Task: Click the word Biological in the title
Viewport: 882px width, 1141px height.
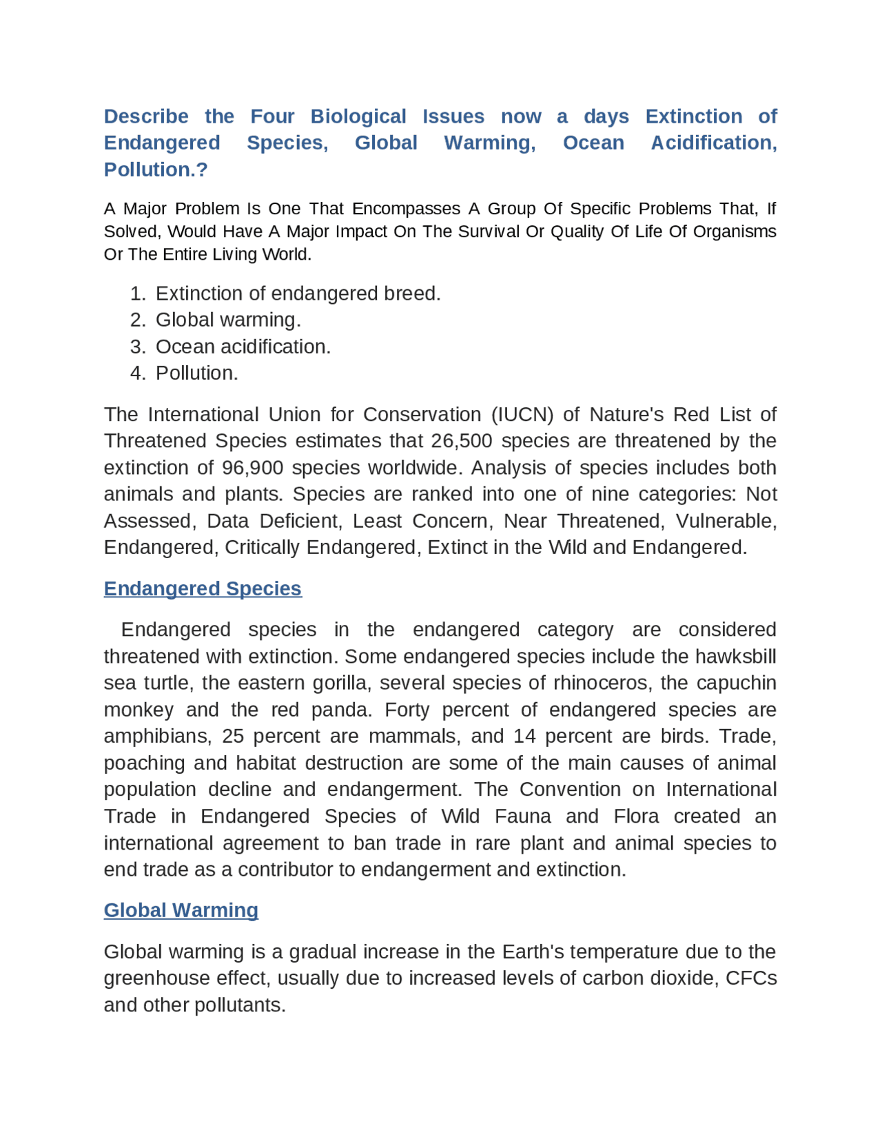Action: click(358, 116)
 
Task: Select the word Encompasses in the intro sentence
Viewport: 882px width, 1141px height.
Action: click(407, 209)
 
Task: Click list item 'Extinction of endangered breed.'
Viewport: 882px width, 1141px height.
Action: click(298, 294)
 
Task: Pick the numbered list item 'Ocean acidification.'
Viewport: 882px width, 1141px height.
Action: click(243, 347)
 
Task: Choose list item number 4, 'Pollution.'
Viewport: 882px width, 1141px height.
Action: click(197, 373)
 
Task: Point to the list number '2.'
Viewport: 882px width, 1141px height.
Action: click(138, 320)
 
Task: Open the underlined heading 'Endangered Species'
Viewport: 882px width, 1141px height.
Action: click(203, 588)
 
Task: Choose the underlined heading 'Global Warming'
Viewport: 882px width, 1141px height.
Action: click(181, 910)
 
